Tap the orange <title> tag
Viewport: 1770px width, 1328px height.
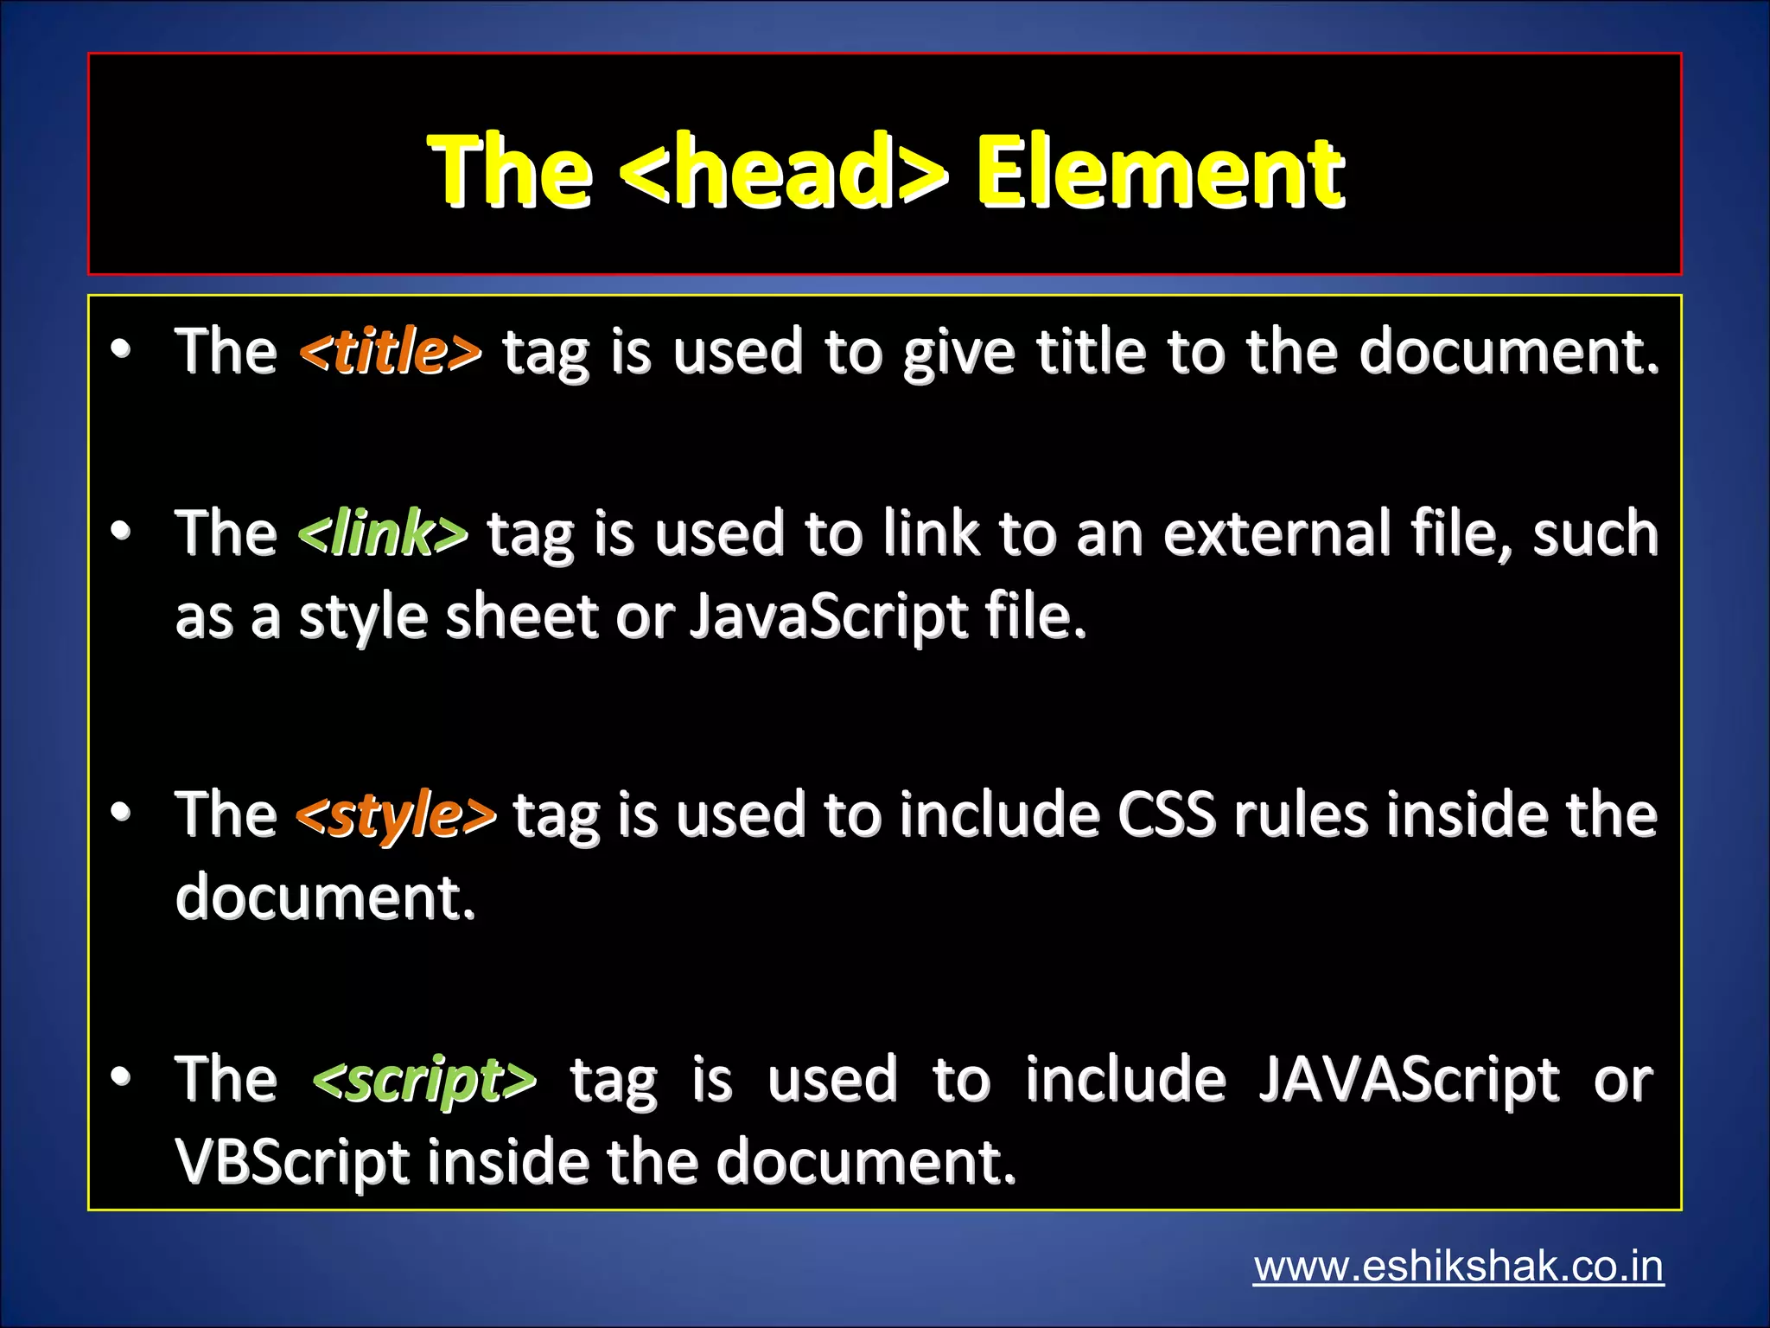pyautogui.click(x=390, y=352)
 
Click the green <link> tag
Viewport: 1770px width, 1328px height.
pyautogui.click(x=382, y=533)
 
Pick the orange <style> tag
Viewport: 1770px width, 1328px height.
pyautogui.click(x=395, y=815)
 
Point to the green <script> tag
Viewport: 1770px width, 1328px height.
pyautogui.click(x=423, y=1080)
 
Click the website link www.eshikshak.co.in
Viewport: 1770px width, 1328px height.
pyautogui.click(x=1458, y=1267)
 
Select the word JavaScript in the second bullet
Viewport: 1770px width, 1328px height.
pyautogui.click(x=828, y=617)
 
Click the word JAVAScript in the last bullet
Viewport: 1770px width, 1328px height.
pyautogui.click(x=1409, y=1080)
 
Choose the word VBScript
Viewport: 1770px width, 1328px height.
pyautogui.click(x=292, y=1161)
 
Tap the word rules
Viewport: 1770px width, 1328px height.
pyautogui.click(x=1301, y=815)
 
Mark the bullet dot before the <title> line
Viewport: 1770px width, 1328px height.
pyautogui.click(x=121, y=349)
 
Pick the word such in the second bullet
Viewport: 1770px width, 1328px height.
pyautogui.click(x=1595, y=533)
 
